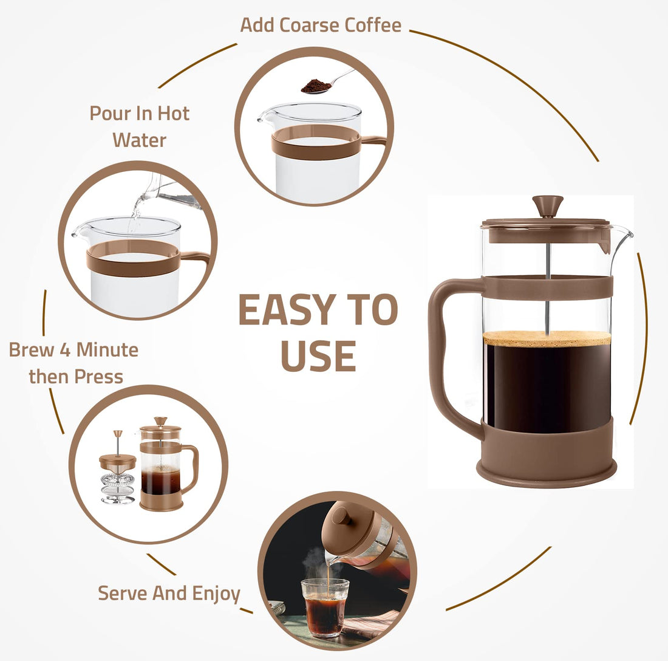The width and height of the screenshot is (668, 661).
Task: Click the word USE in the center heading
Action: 318,356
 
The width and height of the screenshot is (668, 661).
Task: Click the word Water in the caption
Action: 139,140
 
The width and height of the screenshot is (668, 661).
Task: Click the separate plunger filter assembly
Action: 117,471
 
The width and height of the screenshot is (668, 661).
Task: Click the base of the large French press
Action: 547,468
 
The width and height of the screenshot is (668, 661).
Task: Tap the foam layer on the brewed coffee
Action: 547,338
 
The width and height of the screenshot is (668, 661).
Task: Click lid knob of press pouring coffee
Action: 343,516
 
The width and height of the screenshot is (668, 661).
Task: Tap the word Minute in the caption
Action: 107,350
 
